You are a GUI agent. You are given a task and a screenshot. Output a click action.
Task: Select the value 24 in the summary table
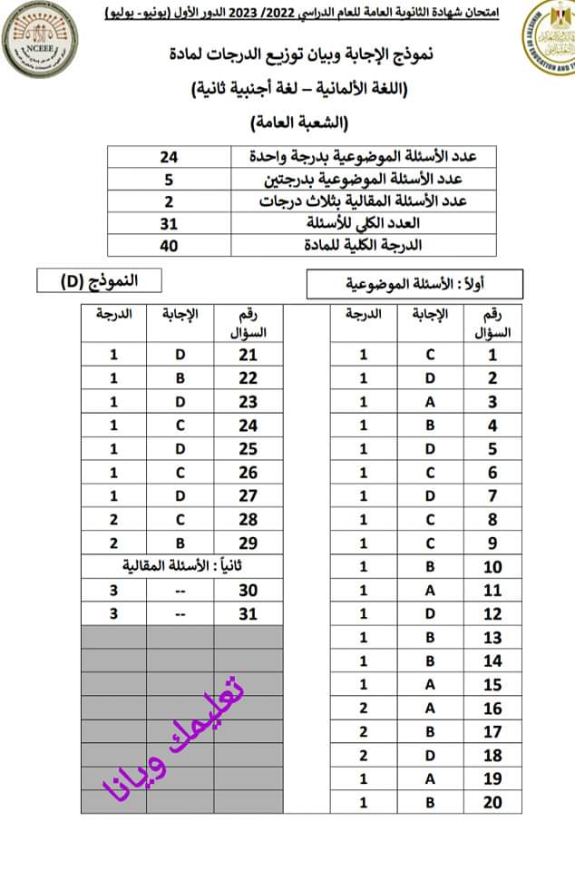point(169,157)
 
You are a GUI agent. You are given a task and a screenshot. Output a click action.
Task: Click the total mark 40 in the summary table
point(169,245)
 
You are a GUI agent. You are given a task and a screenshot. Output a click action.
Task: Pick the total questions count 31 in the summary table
point(169,223)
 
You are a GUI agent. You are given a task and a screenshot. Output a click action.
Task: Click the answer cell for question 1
point(430,356)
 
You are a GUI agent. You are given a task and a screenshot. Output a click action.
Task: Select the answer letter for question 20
point(430,803)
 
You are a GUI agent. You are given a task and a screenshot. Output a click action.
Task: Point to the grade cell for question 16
point(364,709)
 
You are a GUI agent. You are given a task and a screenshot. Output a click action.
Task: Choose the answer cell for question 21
point(180,355)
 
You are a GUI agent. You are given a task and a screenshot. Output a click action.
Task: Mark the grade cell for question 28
point(114,520)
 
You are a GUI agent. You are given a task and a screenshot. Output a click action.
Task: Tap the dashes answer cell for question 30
point(180,591)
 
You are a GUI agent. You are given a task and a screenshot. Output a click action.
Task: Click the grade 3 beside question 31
point(114,614)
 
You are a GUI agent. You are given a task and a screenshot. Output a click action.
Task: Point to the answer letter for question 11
point(430,591)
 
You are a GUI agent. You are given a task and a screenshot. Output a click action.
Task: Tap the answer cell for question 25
point(180,449)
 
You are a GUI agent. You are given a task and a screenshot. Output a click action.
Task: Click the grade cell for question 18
point(364,756)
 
